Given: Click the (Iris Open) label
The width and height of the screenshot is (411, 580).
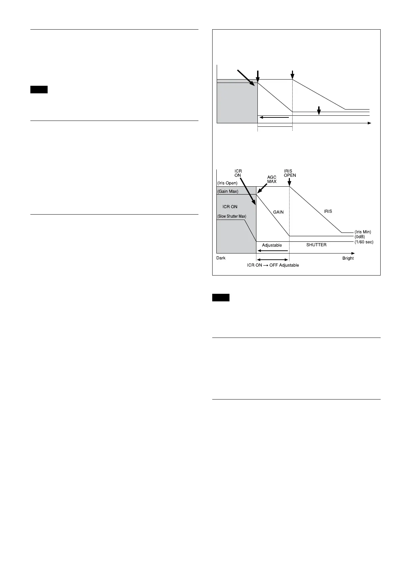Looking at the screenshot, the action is click(227, 183).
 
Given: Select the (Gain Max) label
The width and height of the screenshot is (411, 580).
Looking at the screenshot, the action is click(228, 191).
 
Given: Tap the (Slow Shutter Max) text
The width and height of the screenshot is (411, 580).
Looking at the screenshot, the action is click(232, 216).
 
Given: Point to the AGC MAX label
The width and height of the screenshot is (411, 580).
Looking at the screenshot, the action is click(272, 179).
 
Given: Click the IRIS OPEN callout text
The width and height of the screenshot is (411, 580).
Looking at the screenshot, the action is click(290, 173).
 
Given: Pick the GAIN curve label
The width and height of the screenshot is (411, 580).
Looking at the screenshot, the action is click(278, 212).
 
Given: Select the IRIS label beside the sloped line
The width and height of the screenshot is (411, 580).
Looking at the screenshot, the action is click(328, 211).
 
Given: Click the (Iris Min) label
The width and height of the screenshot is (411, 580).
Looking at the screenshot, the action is click(363, 232).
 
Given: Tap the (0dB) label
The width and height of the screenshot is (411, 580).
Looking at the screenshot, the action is click(360, 237).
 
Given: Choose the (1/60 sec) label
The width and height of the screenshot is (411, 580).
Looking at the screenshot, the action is click(364, 242).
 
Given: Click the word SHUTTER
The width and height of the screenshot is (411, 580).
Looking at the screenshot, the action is click(316, 245).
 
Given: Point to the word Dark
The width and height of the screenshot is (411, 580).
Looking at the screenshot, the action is click(221, 258).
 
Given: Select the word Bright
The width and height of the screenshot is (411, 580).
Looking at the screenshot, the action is click(348, 258).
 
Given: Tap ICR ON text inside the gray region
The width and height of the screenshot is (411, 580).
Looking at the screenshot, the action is click(230, 207).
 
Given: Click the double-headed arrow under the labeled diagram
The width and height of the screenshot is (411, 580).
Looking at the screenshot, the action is click(273, 260).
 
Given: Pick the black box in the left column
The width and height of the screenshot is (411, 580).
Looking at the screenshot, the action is click(39, 90).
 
